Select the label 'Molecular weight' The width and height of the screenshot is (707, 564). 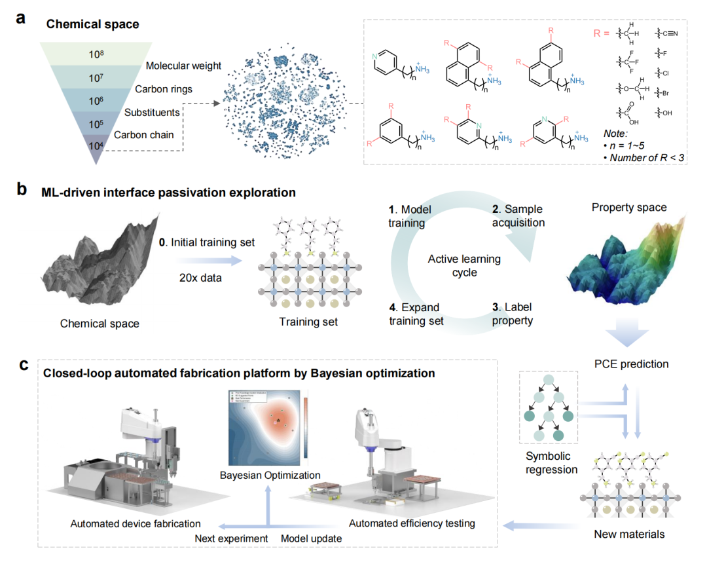point(183,66)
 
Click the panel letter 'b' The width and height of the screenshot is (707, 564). point(22,191)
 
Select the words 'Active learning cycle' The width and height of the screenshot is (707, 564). point(463,265)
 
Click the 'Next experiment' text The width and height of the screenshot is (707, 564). point(232,538)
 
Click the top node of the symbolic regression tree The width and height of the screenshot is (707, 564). point(549,385)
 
